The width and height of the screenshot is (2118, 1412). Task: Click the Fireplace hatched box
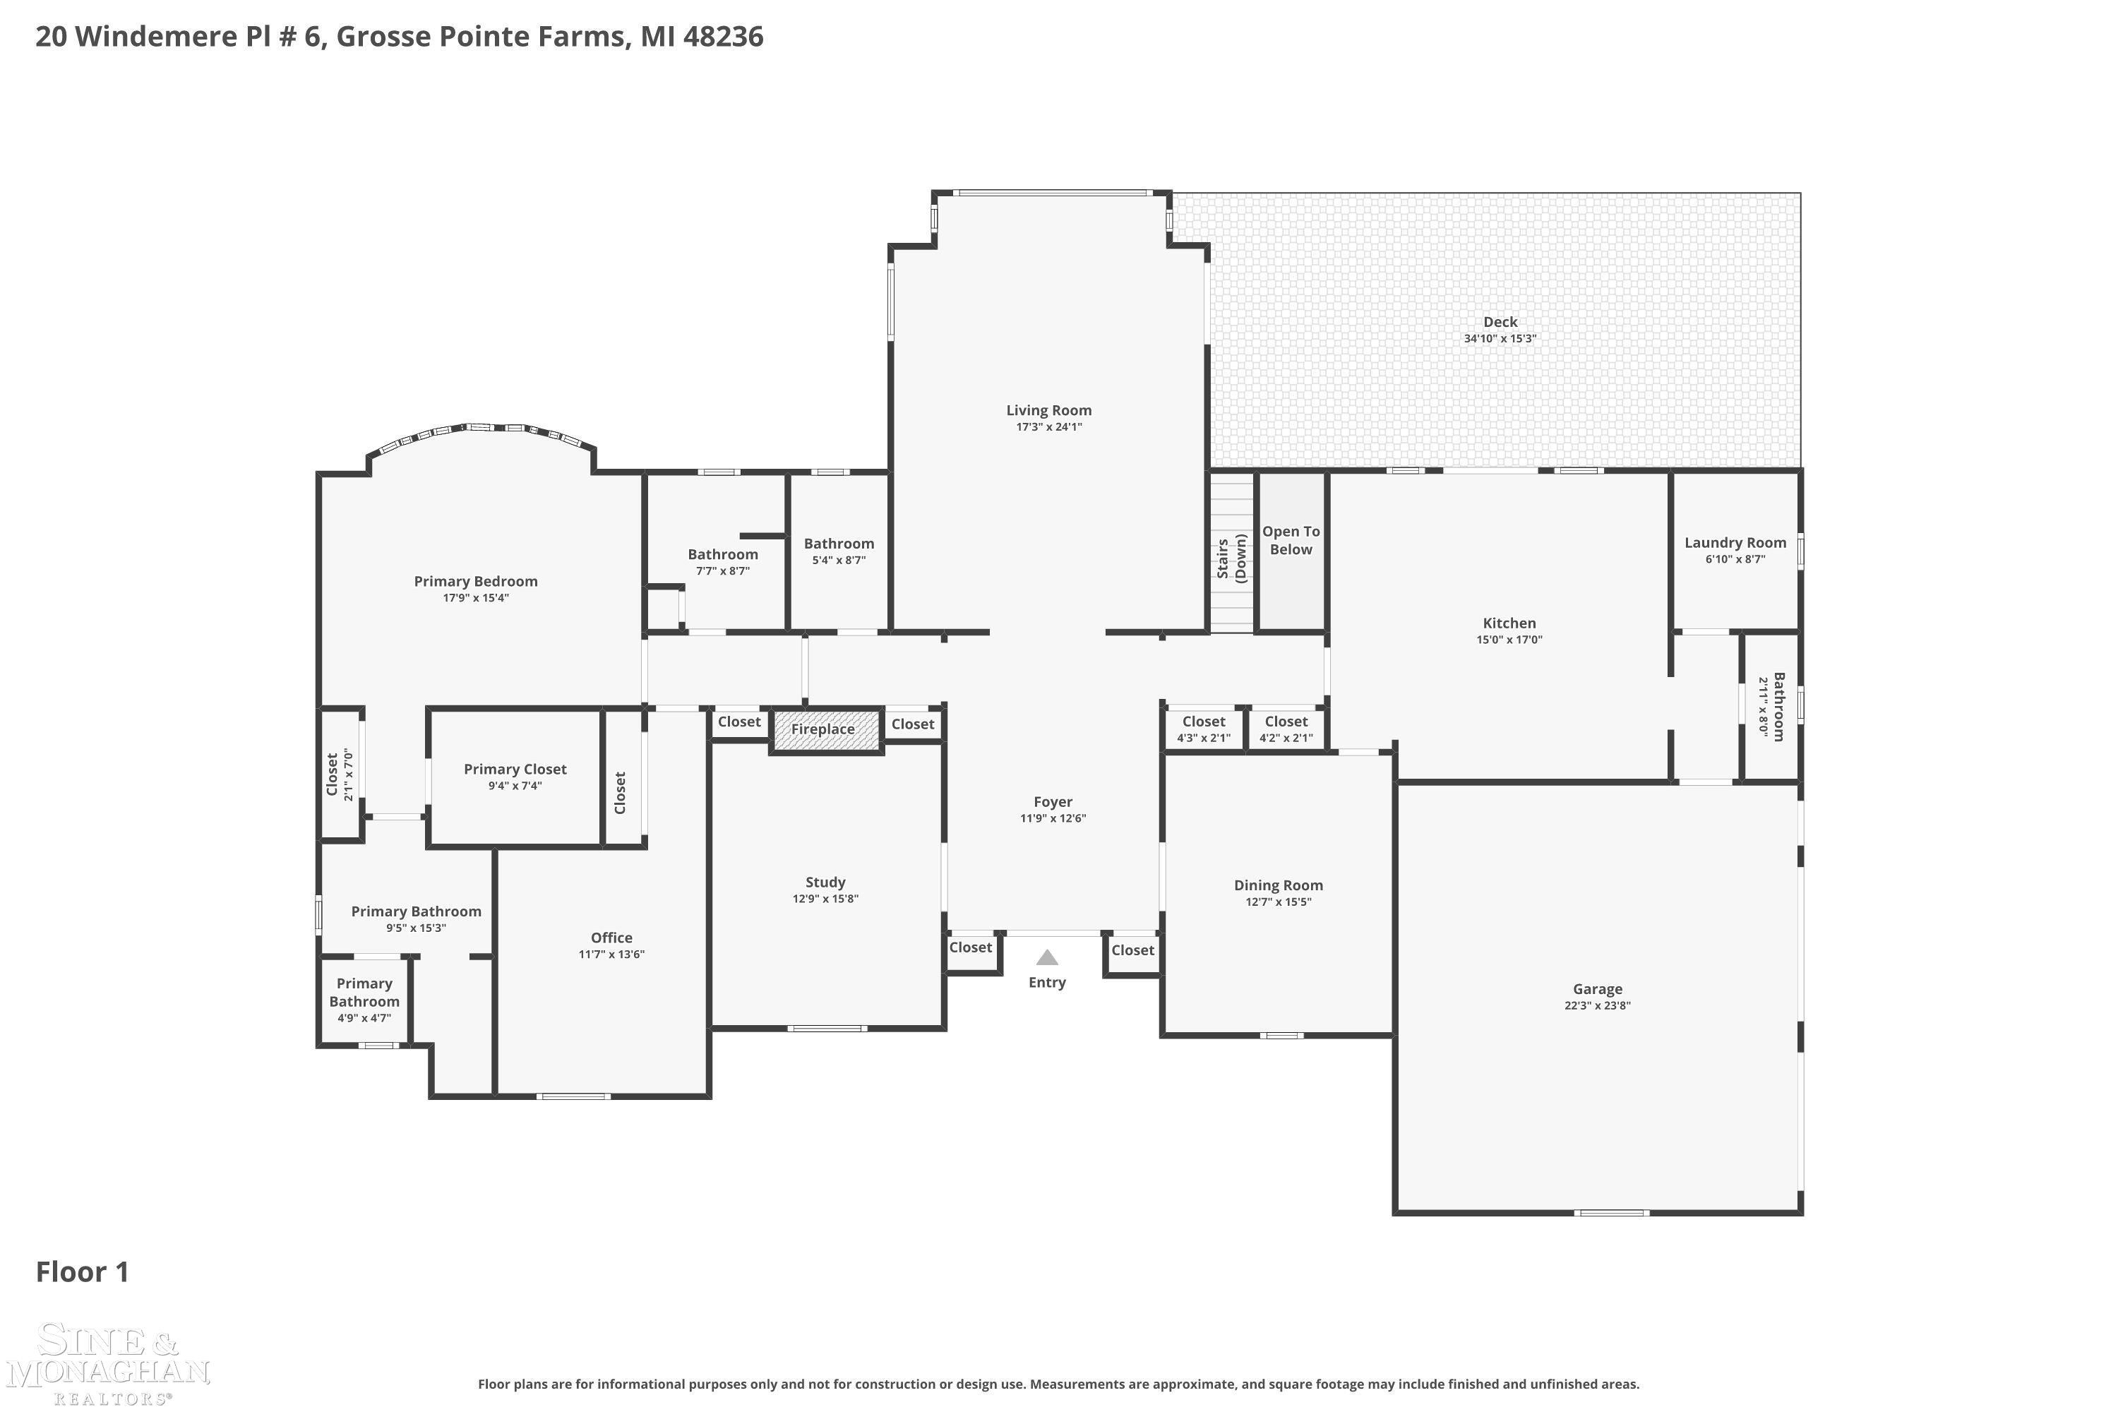click(826, 729)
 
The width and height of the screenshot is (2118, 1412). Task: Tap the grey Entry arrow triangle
click(1046, 957)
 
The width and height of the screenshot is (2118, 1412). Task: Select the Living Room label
click(1049, 411)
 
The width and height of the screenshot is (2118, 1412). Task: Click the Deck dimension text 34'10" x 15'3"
click(1500, 339)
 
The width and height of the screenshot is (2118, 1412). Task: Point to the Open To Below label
click(1291, 540)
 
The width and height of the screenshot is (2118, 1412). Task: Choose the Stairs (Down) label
click(1231, 559)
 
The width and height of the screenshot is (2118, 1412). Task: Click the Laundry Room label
click(1735, 542)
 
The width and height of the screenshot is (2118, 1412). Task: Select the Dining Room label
click(1278, 885)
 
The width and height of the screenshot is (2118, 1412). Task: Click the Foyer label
click(1053, 801)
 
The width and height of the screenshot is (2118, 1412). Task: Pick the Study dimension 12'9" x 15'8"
click(826, 899)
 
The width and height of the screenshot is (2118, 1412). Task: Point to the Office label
click(611, 938)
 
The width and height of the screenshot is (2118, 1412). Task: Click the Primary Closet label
click(515, 769)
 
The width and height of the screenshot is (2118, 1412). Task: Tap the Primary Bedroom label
click(475, 582)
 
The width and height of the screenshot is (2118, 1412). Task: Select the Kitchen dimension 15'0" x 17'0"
click(1509, 640)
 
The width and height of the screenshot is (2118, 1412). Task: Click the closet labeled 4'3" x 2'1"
click(1204, 729)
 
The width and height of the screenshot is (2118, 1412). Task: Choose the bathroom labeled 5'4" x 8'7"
click(839, 551)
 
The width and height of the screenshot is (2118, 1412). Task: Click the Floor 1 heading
click(83, 1272)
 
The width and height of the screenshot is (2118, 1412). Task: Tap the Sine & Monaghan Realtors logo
click(108, 1363)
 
